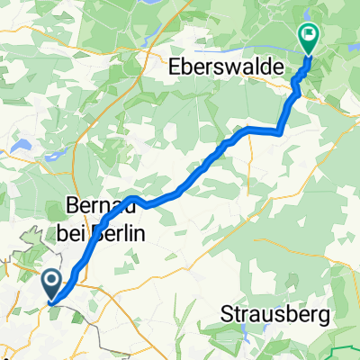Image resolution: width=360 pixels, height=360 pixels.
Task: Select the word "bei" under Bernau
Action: (86, 232)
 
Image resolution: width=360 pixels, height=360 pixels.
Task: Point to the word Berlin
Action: (126, 232)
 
